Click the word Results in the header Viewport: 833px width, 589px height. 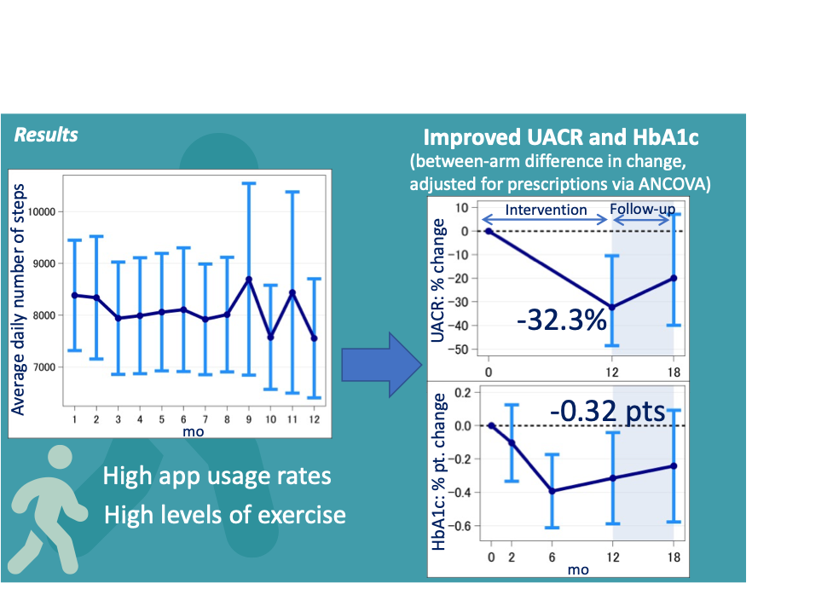pos(46,135)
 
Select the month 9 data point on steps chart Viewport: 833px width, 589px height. pos(248,280)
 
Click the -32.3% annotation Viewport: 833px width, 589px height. pos(562,321)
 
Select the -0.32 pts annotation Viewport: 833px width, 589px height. pos(607,412)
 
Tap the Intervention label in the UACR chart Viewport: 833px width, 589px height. pos(546,210)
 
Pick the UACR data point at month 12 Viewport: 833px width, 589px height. pos(611,307)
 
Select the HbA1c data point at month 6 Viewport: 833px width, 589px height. pos(552,491)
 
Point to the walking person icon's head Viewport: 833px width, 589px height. pos(61,456)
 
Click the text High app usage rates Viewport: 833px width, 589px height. pos(217,475)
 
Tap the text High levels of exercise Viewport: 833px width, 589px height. pos(225,515)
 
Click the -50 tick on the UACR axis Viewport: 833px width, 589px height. pos(463,349)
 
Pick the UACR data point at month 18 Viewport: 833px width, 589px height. pos(674,278)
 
